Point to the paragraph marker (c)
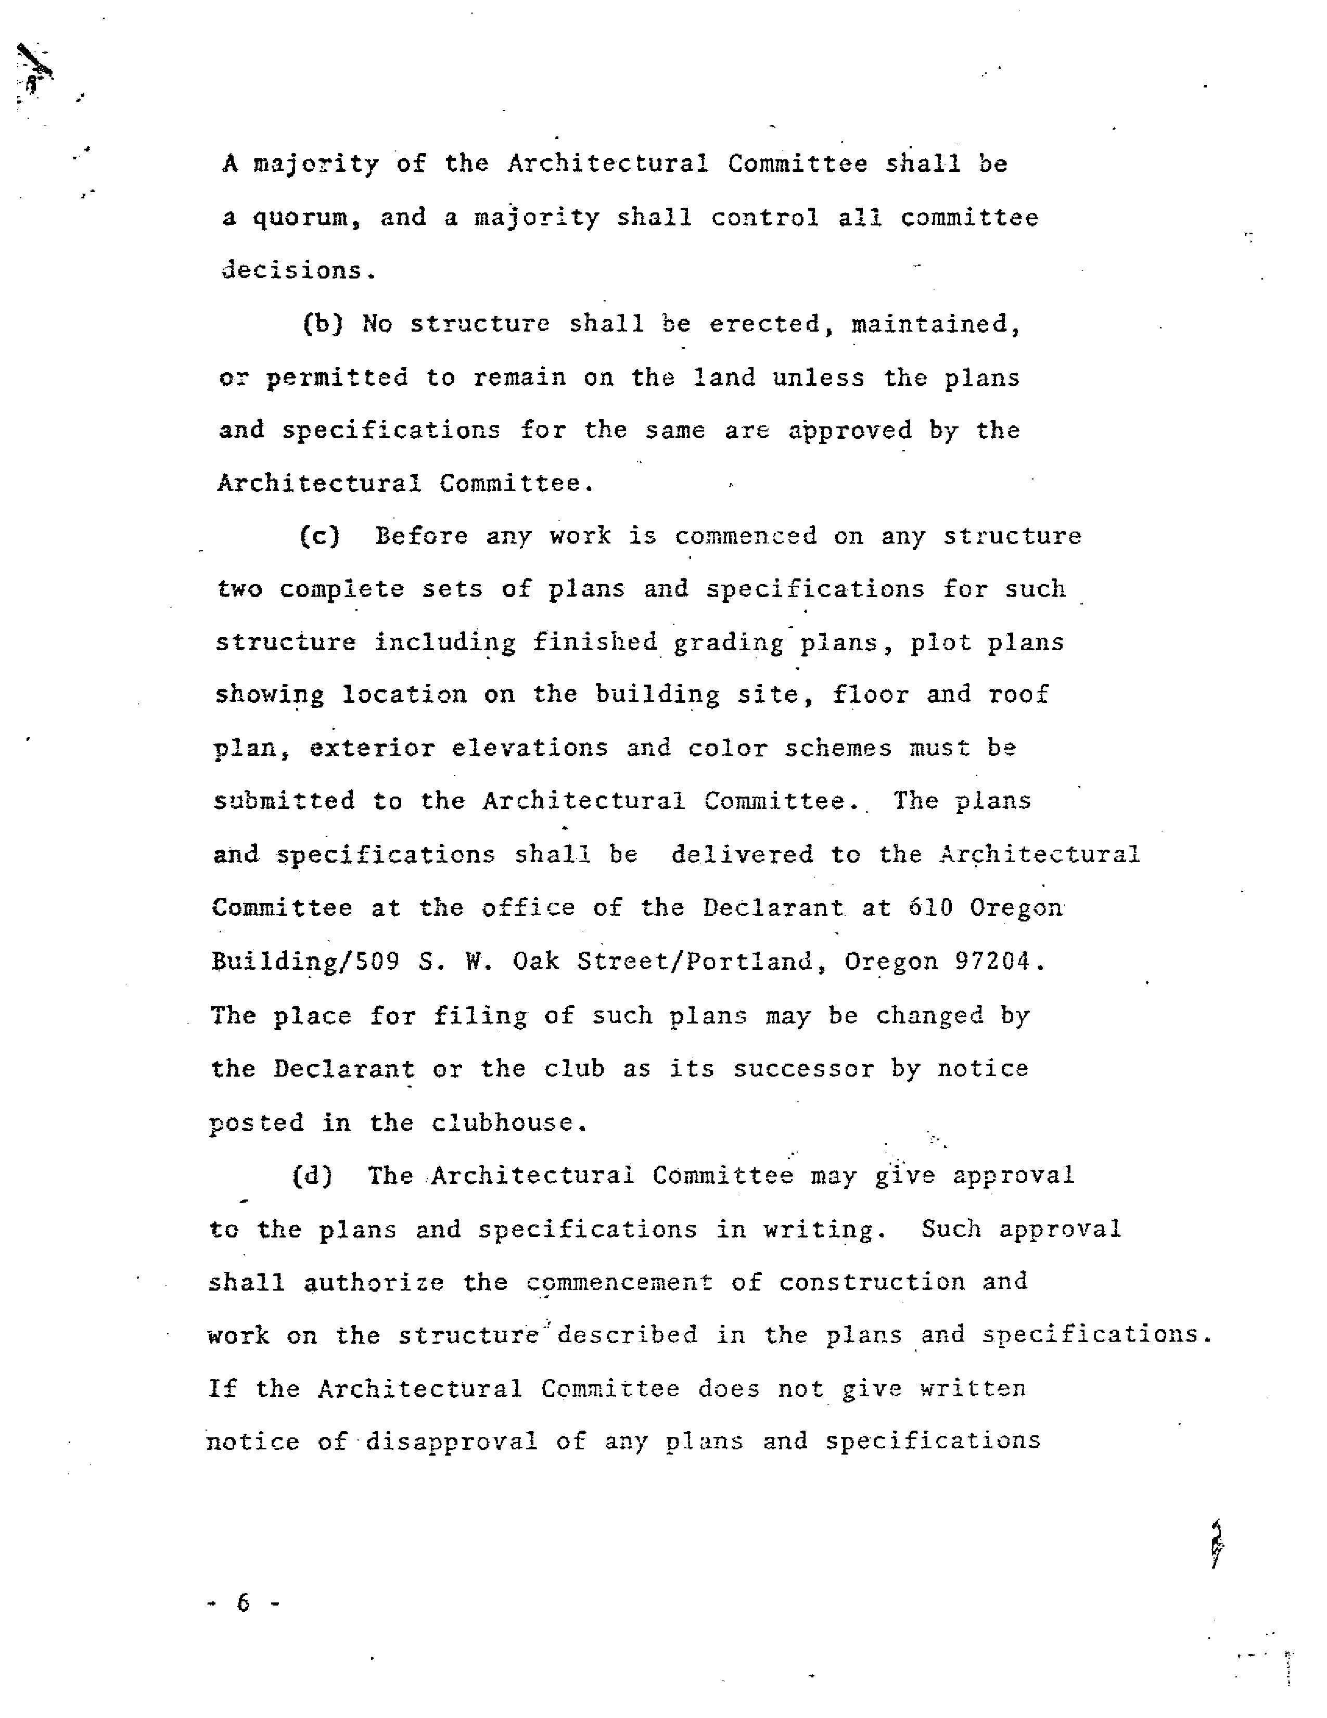pyautogui.click(x=320, y=536)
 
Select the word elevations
pyautogui.click(x=529, y=747)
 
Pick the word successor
pyautogui.click(x=802, y=1069)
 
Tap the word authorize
pyautogui.click(x=374, y=1282)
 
